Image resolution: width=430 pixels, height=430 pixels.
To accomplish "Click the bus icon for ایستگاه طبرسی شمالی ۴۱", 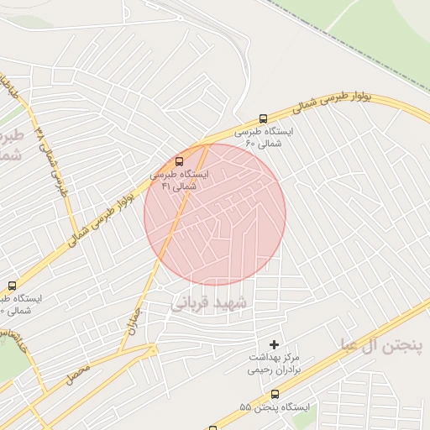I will pos(179,161).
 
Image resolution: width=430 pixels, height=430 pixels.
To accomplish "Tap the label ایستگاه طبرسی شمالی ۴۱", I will pos(181,180).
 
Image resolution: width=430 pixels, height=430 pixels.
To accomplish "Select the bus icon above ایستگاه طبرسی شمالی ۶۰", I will pos(264,118).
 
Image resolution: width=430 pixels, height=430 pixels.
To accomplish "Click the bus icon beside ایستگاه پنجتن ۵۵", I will pos(275,394).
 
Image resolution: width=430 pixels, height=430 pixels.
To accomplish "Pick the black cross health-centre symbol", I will pos(274,344).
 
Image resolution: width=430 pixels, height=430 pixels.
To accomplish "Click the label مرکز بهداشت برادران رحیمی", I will pos(275,364).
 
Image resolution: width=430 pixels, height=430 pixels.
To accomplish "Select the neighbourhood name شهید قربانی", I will pos(210,302).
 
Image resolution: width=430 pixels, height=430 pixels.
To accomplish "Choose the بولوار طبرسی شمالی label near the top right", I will pos(332,102).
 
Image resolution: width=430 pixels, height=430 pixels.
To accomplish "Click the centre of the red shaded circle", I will pos(215,214).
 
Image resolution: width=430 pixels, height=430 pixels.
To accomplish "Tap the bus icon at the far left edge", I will pos(11,286).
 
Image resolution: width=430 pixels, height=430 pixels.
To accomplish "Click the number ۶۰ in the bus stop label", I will pos(249,144).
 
